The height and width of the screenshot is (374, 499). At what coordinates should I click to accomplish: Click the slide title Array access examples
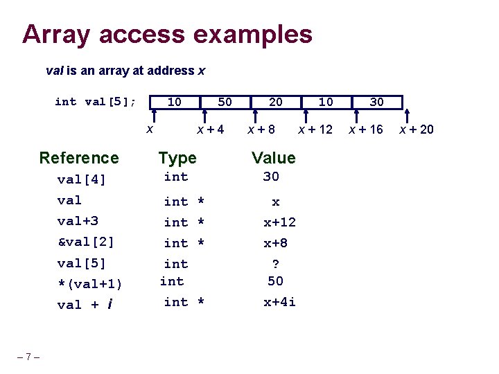pos(167,33)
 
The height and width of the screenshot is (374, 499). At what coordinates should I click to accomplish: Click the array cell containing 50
pos(225,103)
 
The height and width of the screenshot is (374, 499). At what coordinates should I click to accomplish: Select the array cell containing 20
pos(275,103)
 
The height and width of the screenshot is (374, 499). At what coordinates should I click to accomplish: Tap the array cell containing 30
pos(376,103)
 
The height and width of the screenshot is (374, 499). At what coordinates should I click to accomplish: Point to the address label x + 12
pos(315,129)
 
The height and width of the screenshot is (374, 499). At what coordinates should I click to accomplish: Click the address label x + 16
pos(365,129)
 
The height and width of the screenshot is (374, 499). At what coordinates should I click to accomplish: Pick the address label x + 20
pos(416,129)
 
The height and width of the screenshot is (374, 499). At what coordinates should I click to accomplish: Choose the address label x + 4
pos(211,129)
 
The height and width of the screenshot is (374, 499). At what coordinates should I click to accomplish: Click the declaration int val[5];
pos(96,102)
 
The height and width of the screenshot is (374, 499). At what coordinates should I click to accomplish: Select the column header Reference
pos(79,158)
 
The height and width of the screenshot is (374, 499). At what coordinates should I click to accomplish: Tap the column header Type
pos(177,158)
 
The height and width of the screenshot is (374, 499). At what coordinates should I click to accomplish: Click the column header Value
pos(273,158)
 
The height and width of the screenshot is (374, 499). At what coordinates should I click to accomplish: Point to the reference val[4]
pos(82,180)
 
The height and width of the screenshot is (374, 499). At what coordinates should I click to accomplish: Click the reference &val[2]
pos(85,242)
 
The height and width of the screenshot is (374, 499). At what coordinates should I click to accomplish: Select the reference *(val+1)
pos(90,284)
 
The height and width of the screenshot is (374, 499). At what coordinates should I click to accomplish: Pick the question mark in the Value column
pos(276,264)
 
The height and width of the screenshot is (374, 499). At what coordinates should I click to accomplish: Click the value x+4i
pos(279,302)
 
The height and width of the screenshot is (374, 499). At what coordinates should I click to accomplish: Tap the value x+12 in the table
pos(279,222)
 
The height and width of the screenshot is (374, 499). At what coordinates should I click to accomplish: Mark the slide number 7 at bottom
pos(28,357)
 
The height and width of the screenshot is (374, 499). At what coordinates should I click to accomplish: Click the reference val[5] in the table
pos(82,264)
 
